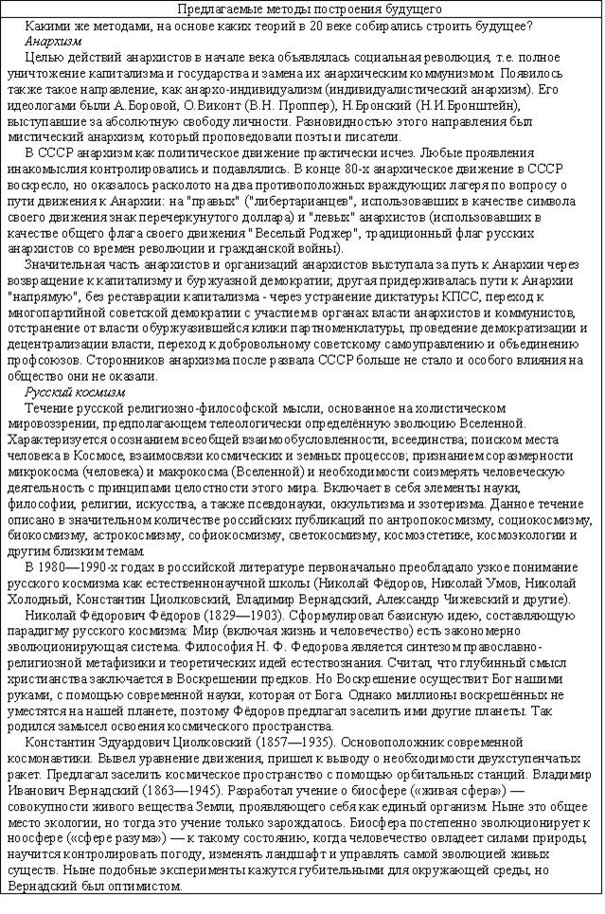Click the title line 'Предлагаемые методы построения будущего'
tap(302, 9)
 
